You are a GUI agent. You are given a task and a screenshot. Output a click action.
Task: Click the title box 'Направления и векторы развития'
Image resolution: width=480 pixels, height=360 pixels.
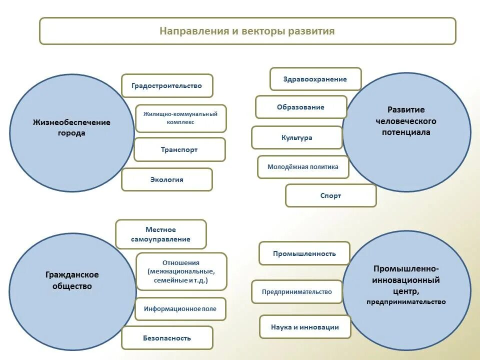[247, 31]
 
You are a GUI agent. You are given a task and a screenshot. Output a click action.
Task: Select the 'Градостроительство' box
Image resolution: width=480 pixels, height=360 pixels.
[167, 85]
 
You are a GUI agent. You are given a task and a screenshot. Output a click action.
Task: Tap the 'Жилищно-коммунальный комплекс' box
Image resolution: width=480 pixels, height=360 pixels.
[180, 118]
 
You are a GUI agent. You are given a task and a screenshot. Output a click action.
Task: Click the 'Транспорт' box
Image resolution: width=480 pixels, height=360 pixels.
[179, 149]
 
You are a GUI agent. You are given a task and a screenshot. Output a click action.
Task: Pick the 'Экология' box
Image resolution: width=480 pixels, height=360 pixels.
[167, 179]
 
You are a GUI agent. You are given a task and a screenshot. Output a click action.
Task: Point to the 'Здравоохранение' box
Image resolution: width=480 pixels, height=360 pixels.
[315, 79]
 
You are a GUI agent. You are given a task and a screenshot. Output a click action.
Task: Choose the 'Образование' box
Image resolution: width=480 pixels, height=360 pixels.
[300, 107]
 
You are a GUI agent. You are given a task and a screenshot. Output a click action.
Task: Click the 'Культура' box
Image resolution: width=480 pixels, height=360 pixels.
[296, 137]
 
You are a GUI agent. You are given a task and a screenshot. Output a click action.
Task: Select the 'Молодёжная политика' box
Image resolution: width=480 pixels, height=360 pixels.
[302, 167]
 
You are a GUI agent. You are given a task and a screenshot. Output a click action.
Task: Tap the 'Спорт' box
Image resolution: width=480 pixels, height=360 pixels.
[330, 195]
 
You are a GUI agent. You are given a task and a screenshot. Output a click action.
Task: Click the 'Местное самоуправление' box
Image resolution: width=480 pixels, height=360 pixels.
[160, 234]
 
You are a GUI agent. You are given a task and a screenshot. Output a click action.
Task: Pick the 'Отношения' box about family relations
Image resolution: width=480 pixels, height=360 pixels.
[181, 271]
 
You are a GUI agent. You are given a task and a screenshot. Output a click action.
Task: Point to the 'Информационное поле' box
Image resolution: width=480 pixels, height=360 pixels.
[180, 309]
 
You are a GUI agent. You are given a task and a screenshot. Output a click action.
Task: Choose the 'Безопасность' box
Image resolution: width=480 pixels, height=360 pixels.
[167, 338]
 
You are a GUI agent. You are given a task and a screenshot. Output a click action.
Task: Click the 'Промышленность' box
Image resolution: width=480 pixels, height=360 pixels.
[304, 253]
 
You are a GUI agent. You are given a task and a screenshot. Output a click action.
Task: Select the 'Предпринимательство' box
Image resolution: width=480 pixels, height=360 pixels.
[297, 292]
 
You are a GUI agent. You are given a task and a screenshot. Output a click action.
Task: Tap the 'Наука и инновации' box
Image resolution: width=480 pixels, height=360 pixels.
[305, 327]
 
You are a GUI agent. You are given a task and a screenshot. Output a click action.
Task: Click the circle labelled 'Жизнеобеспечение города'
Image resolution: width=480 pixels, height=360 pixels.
[71, 133]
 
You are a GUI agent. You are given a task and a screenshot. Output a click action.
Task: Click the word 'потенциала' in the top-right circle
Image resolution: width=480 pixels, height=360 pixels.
[406, 132]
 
